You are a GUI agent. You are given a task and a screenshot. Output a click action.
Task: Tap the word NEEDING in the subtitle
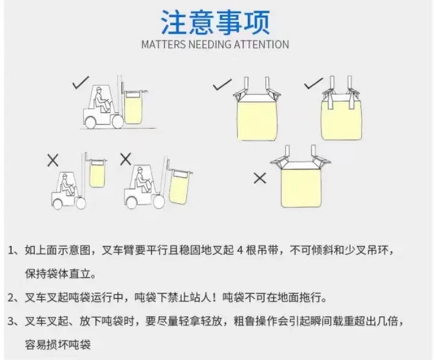tap(210, 44)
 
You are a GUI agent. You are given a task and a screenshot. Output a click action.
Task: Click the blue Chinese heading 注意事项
tap(215, 22)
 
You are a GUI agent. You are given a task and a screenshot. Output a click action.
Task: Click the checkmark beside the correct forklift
tap(80, 82)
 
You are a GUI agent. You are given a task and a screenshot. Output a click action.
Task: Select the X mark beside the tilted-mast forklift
tap(126, 159)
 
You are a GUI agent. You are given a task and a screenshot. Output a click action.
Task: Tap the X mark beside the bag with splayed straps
tap(260, 178)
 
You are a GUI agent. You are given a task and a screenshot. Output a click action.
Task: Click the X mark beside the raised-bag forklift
tap(53, 160)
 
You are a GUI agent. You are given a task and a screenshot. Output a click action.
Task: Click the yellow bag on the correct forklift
tap(133, 108)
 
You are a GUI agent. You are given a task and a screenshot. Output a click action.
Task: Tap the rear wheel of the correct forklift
tap(91, 122)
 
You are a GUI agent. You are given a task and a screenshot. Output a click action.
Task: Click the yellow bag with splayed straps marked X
tap(301, 188)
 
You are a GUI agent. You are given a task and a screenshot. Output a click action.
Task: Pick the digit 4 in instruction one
tap(240, 250)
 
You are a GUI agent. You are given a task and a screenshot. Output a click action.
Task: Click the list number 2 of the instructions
tap(11, 298)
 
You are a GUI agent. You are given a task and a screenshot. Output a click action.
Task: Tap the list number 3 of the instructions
tap(11, 322)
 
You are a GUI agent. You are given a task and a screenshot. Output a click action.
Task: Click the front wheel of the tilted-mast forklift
tap(159, 202)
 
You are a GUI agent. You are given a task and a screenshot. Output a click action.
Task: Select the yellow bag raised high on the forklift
tap(97, 174)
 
